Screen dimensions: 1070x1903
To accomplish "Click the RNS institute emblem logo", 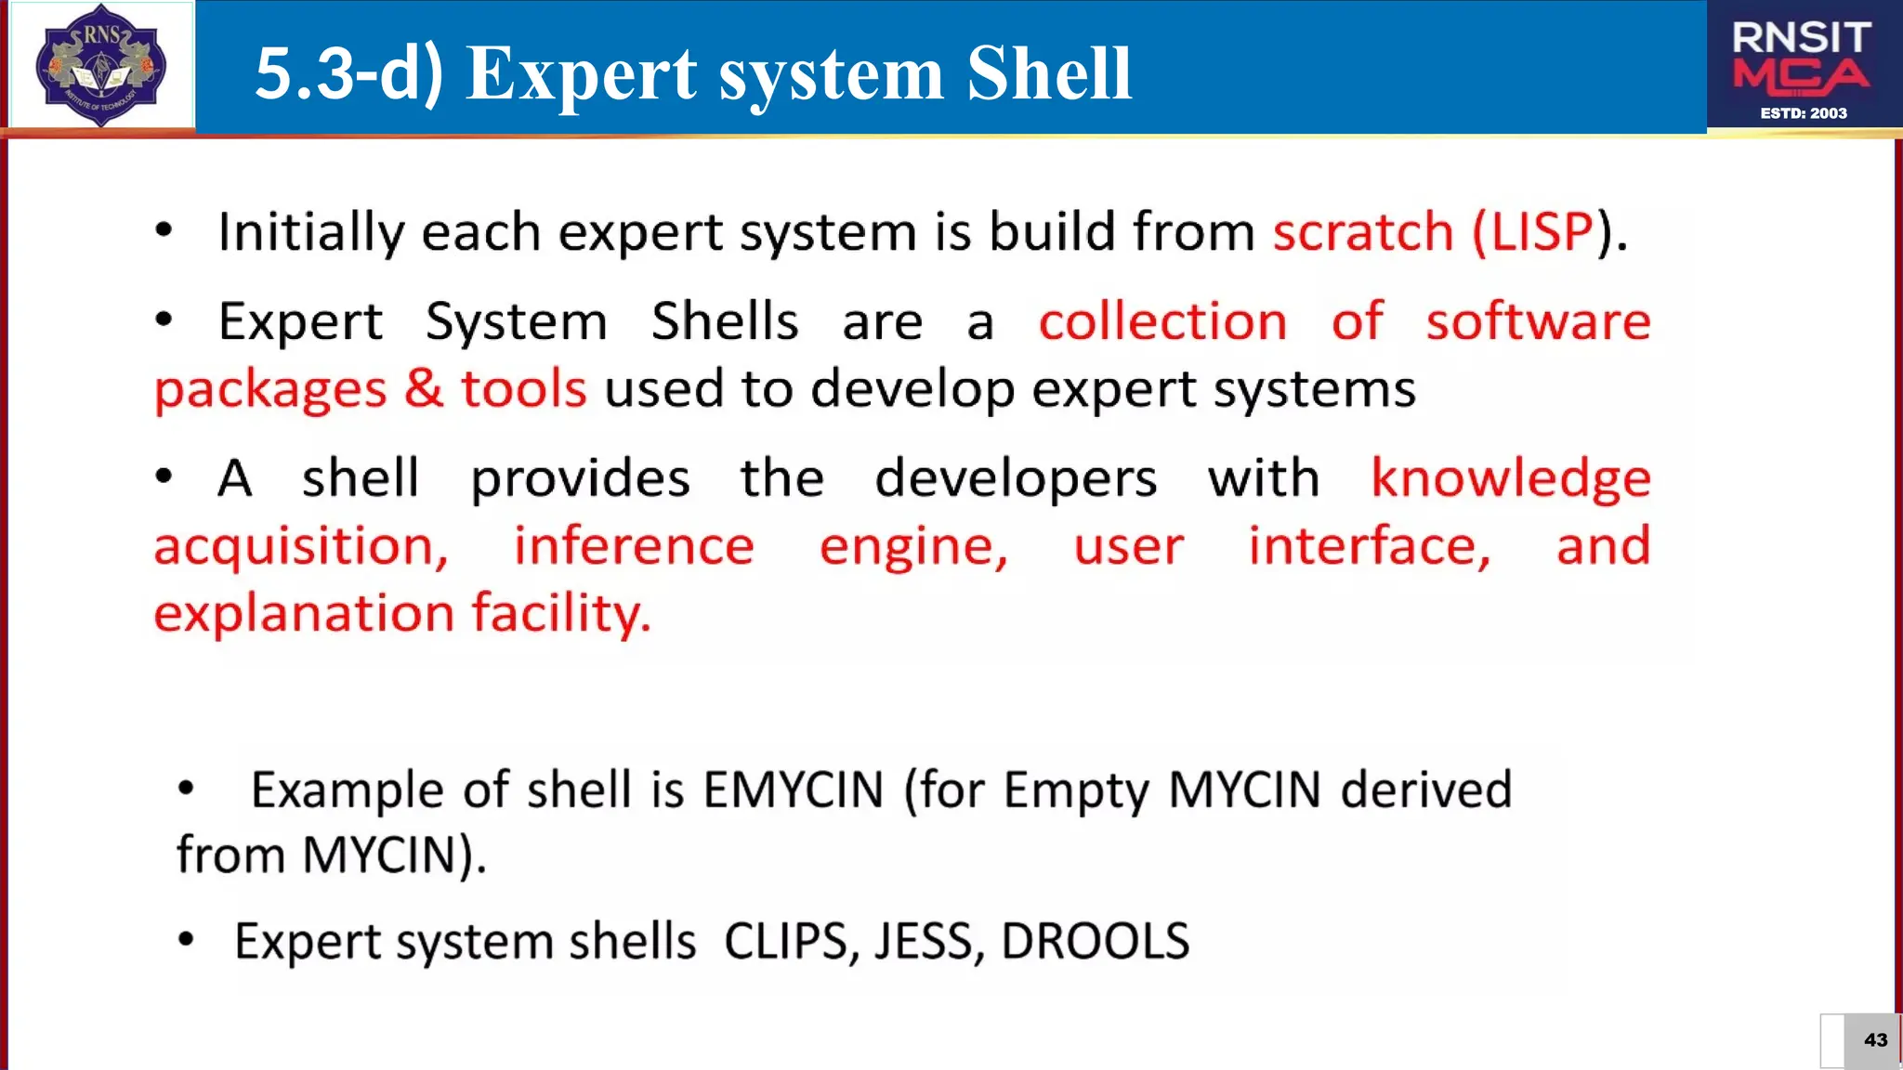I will click(x=100, y=65).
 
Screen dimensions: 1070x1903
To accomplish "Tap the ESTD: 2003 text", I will click(x=1804, y=113).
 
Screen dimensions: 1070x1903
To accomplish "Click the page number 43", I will click(x=1875, y=1040).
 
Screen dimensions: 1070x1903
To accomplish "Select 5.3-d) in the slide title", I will click(x=349, y=74).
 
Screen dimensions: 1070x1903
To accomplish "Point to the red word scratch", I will click(x=1362, y=232).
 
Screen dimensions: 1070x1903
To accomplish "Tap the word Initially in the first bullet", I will click(x=310, y=232).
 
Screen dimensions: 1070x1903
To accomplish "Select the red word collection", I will click(x=1162, y=322).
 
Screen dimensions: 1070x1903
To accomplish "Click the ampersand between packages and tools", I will click(x=424, y=388).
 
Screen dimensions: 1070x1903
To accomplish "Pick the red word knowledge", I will click(x=1511, y=479).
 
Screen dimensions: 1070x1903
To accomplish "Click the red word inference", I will click(x=634, y=546).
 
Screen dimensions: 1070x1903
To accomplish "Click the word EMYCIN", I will click(x=793, y=790).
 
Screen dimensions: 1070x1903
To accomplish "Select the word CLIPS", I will click(x=786, y=942).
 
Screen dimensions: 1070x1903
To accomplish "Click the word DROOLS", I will click(x=1095, y=942).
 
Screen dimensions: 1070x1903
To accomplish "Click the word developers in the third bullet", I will click(x=1016, y=479).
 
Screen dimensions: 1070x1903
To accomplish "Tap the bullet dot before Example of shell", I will click(x=187, y=789).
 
